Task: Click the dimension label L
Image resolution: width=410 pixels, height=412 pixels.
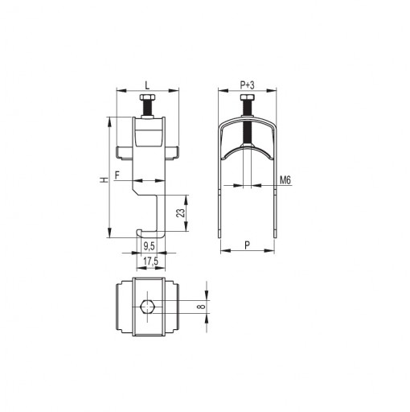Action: (147, 85)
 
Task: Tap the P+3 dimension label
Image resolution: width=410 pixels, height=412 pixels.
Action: (247, 85)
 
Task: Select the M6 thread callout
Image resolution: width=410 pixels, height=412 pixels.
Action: (285, 180)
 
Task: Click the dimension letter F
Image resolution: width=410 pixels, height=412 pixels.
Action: (117, 175)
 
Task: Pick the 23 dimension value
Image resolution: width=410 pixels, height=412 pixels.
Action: (181, 213)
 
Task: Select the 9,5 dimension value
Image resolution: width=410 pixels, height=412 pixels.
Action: (149, 246)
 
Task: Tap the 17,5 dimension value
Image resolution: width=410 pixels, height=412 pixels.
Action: (150, 261)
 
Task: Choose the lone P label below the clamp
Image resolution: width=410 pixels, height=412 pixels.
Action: (248, 245)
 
